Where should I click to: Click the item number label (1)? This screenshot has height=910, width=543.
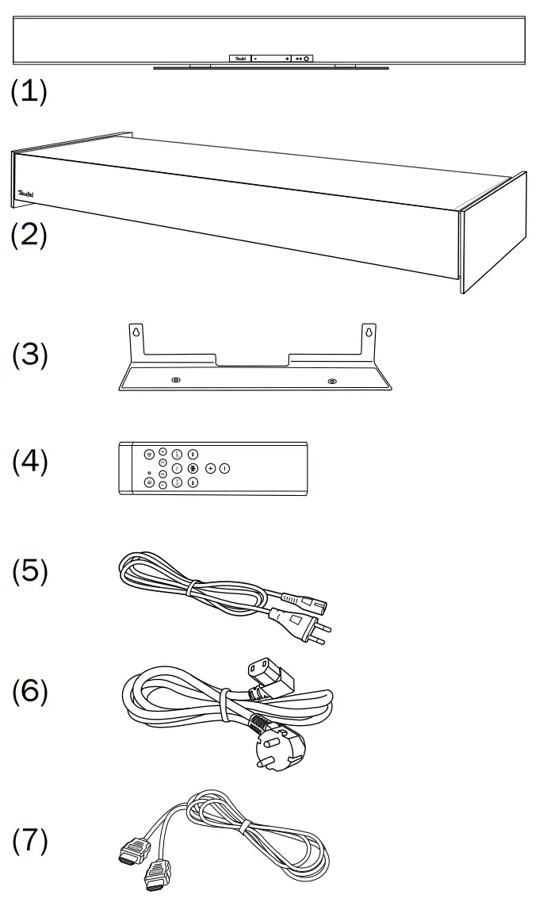[x=29, y=91]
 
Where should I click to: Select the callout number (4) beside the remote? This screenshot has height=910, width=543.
[x=29, y=463]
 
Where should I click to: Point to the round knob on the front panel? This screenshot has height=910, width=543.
[x=307, y=59]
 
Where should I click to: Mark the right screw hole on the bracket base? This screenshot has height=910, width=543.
[x=331, y=382]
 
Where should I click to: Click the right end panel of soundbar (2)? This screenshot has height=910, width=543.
[x=494, y=233]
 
